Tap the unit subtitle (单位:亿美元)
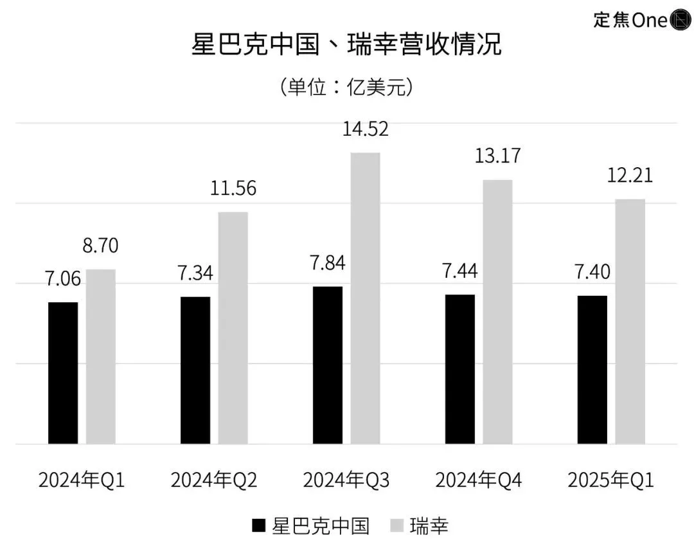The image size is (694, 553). point(346,87)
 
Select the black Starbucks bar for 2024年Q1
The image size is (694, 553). point(63,373)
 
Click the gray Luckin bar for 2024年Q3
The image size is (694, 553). point(365,298)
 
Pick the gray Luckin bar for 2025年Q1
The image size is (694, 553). point(630,322)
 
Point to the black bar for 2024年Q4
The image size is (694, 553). point(460,369)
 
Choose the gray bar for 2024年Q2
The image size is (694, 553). point(233,328)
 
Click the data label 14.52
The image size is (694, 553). point(365,129)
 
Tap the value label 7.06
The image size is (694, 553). point(63,278)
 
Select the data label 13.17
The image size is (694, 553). point(497,156)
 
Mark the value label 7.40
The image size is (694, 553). point(592,272)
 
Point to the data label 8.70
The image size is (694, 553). point(100,246)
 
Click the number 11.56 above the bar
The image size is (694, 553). point(233,188)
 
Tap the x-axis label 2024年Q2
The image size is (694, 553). point(214,480)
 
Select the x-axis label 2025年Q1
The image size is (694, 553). point(611,480)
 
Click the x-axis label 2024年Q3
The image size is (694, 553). point(346,480)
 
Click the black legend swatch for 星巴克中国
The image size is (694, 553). point(258,527)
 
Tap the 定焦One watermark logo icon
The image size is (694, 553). point(679,20)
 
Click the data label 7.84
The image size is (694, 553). point(328,263)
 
